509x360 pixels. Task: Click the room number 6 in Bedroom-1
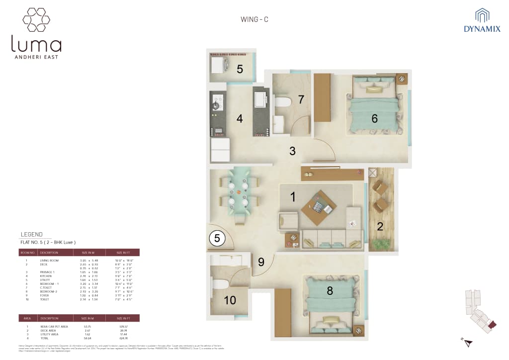click(x=374, y=118)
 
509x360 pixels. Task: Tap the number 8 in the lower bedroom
click(x=330, y=291)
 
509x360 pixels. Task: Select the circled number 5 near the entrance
click(x=217, y=238)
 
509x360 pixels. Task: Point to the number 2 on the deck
click(x=380, y=227)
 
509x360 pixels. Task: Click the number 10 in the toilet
click(x=230, y=300)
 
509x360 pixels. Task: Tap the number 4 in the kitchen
click(x=240, y=119)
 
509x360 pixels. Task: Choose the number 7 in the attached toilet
click(x=301, y=99)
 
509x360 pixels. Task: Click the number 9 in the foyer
click(x=261, y=261)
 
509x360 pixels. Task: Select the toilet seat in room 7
click(x=283, y=103)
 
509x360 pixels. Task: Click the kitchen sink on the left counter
click(x=217, y=104)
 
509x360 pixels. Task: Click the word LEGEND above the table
click(x=32, y=234)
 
